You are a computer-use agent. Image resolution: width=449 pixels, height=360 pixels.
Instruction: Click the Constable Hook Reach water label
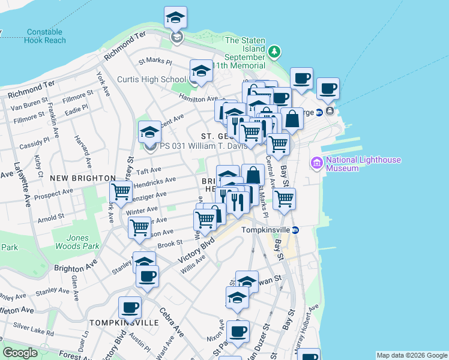(x=46, y=36)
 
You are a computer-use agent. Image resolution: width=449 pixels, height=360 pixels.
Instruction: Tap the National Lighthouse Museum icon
(x=316, y=163)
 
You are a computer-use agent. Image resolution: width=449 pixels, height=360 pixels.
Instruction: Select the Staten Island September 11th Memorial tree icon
(x=275, y=52)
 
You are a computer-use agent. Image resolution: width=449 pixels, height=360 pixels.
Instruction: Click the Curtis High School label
(x=151, y=79)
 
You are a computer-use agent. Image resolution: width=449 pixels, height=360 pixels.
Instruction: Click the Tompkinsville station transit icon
(x=295, y=230)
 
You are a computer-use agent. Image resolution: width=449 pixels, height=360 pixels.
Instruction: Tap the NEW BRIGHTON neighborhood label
(x=83, y=178)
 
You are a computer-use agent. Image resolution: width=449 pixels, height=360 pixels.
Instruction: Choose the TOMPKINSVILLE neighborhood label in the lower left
(x=124, y=322)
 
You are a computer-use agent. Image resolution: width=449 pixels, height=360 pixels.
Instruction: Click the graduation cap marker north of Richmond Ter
(x=175, y=18)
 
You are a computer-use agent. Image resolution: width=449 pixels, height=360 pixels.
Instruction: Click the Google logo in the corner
(x=20, y=353)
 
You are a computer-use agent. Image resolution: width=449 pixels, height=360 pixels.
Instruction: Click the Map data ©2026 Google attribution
(x=411, y=355)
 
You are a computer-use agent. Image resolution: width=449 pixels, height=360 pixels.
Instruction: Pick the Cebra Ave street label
(x=171, y=322)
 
